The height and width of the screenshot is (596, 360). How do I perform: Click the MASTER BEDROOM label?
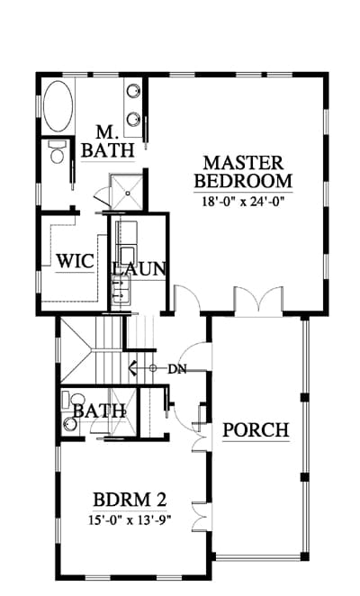coord(243,172)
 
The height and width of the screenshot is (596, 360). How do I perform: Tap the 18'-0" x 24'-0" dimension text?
coord(243,201)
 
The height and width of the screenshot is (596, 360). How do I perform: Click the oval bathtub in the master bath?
coord(58,106)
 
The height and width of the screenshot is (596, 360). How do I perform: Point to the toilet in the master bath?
coord(58,151)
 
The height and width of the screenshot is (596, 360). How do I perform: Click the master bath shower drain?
coord(128,193)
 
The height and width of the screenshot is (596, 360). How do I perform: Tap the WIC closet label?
coord(75,261)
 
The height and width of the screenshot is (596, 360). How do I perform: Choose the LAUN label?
coord(139,268)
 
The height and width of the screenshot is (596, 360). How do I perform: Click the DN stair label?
coord(177,369)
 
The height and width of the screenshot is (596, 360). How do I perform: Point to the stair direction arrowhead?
coord(132,367)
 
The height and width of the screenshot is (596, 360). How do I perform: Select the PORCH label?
coord(256,430)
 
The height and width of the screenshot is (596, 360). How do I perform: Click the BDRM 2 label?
coord(130,500)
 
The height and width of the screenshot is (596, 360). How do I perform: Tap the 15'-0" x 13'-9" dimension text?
coord(130,519)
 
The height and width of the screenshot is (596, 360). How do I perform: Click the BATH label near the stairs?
coord(99,411)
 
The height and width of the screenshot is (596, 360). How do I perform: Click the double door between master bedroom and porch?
coord(258,301)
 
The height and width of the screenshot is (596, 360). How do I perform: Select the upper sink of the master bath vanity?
coord(132,91)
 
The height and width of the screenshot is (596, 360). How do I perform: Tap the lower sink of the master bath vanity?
coord(132,119)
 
